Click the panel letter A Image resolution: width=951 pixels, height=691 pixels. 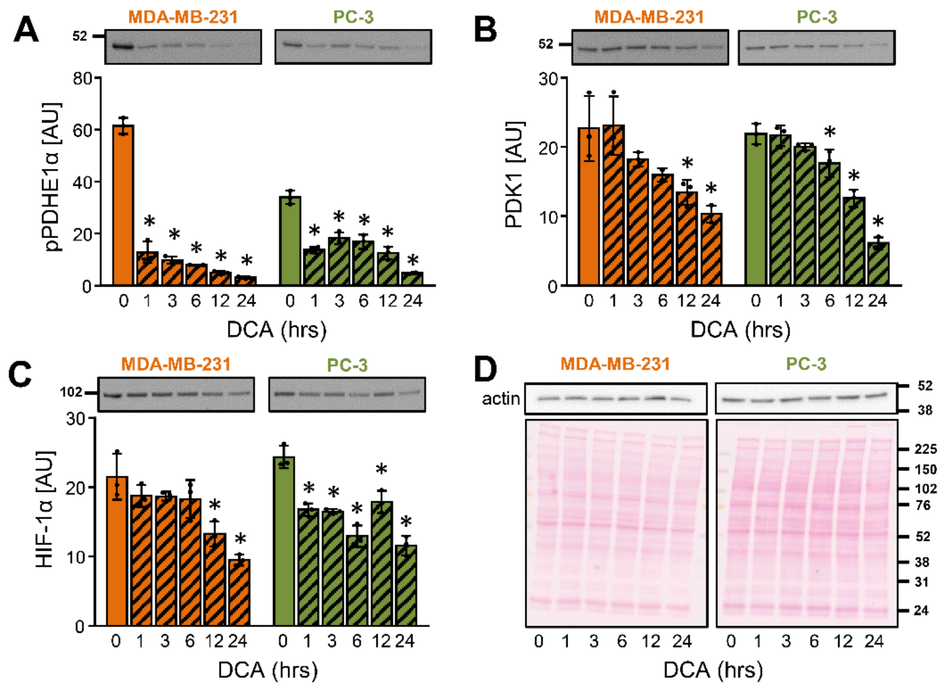point(26,30)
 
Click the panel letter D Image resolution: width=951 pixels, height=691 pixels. point(485,369)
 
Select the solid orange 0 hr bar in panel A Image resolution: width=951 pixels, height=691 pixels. point(123,205)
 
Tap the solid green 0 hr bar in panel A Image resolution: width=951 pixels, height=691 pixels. point(290,241)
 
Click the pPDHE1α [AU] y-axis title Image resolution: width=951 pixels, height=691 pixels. point(53,177)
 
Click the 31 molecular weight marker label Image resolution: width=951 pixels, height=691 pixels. point(921,582)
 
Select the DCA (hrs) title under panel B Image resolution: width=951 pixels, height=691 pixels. point(740,330)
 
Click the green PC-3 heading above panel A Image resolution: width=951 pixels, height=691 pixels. point(353,17)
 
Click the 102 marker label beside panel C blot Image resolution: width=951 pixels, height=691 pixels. point(71,392)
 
